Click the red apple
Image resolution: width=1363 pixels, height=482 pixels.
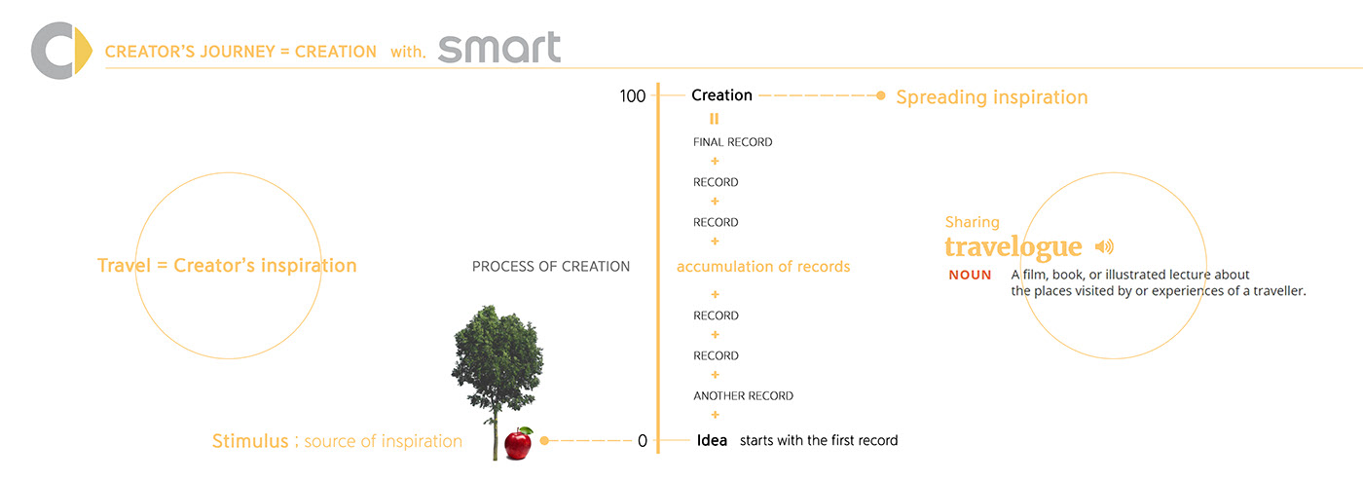(x=518, y=444)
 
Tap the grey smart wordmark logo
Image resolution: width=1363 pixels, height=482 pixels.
(x=498, y=48)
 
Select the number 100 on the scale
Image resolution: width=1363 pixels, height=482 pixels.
(x=632, y=96)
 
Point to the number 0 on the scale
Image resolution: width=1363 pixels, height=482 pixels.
(x=642, y=441)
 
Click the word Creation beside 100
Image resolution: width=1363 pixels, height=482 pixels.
(x=721, y=95)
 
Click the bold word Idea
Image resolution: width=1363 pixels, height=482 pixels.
(x=712, y=440)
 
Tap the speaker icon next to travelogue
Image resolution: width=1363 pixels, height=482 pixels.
(x=1104, y=246)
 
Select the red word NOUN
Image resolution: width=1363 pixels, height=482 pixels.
(x=970, y=276)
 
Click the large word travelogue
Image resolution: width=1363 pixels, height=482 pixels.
(x=1013, y=246)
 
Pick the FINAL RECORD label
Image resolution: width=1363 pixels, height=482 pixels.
(x=732, y=142)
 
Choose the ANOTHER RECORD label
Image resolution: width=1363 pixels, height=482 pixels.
(x=743, y=396)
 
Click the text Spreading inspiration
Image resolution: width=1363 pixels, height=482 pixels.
(x=991, y=97)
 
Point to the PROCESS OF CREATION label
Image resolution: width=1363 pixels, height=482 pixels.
(x=550, y=267)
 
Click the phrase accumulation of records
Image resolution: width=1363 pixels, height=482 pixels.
(x=762, y=267)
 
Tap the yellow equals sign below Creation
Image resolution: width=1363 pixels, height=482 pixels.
(x=714, y=119)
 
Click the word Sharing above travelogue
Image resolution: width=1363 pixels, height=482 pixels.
(x=972, y=222)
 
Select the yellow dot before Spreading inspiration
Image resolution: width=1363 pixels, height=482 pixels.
(x=880, y=96)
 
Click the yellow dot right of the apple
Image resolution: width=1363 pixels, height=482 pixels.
(x=545, y=441)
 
